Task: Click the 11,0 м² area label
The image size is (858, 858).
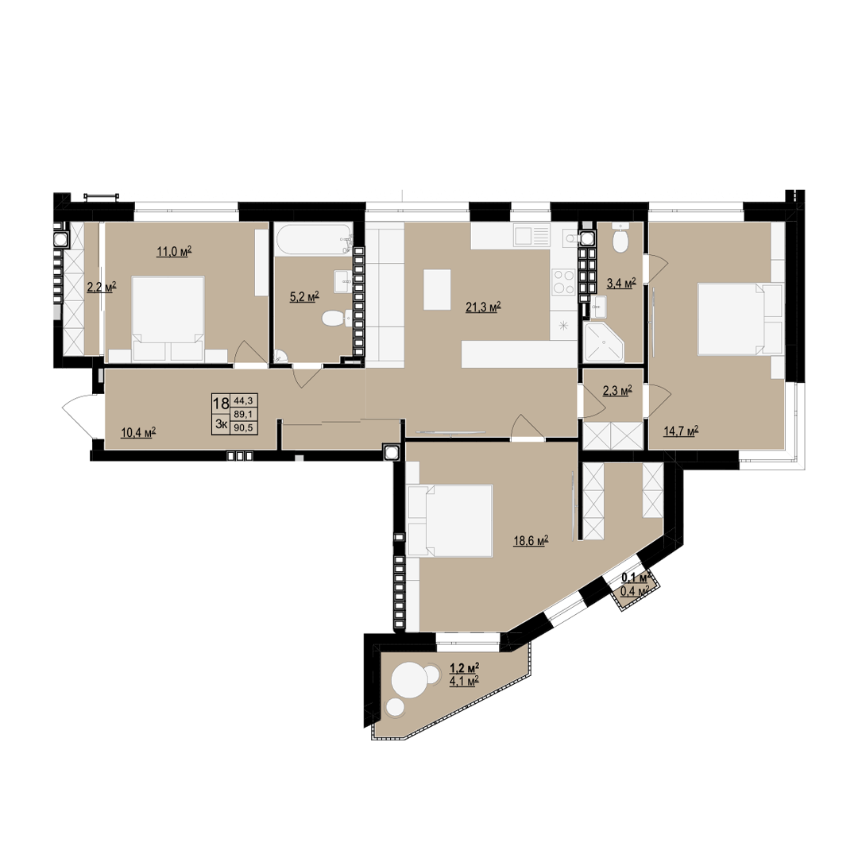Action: [x=174, y=252]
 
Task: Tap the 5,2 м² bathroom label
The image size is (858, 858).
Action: [x=304, y=296]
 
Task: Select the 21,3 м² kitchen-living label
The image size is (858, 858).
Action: [x=483, y=307]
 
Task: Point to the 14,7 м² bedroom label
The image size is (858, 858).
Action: [x=681, y=431]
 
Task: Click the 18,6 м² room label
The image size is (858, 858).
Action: [x=531, y=541]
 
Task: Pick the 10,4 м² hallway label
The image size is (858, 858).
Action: [x=138, y=433]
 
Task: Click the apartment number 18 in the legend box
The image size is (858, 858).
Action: [x=221, y=404]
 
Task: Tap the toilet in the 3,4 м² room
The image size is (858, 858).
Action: [x=620, y=238]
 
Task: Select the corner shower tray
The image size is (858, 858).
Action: [x=604, y=341]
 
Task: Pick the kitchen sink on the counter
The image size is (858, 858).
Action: [x=531, y=237]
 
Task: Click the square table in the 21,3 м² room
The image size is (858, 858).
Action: [x=437, y=289]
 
